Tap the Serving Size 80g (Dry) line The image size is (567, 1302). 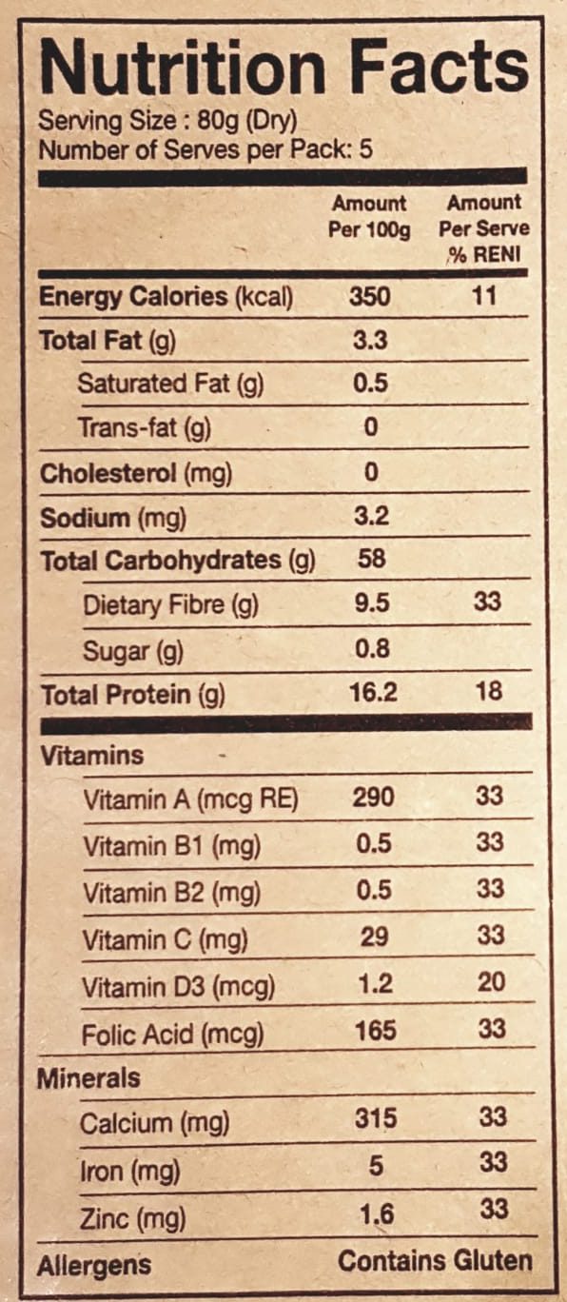pyautogui.click(x=167, y=122)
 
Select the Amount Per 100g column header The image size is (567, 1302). pyautogui.click(x=369, y=217)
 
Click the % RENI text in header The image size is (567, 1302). pyautogui.click(x=484, y=255)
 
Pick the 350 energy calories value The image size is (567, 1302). pyautogui.click(x=370, y=296)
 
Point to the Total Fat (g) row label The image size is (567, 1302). pyautogui.click(x=108, y=341)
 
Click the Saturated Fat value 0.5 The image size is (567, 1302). pyautogui.click(x=371, y=384)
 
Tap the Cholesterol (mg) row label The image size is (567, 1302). pyautogui.click(x=136, y=474)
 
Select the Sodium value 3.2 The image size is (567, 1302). pyautogui.click(x=372, y=516)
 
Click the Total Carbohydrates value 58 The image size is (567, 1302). pyautogui.click(x=372, y=559)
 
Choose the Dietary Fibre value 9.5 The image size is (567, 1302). pyautogui.click(x=372, y=602)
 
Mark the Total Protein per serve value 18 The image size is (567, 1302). pyautogui.click(x=489, y=691)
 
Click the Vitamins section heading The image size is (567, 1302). pyautogui.click(x=91, y=756)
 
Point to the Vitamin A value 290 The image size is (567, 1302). pyautogui.click(x=374, y=797)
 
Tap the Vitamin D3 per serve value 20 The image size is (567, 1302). pyautogui.click(x=491, y=982)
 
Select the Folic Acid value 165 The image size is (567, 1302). pyautogui.click(x=376, y=1031)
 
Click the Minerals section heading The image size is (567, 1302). pyautogui.click(x=88, y=1078)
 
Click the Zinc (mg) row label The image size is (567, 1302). pyautogui.click(x=133, y=1219)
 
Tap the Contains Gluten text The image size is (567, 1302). pyautogui.click(x=435, y=1261)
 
